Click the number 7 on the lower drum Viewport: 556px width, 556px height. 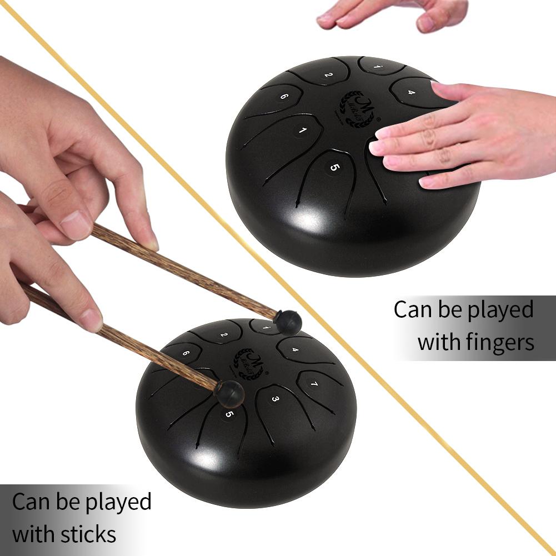314,384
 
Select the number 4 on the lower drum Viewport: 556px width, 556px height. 295,350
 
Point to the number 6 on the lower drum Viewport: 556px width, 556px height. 185,353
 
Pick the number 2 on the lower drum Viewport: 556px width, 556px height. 223,335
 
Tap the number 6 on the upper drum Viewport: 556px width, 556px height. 284,96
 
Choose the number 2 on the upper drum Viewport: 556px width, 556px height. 328,74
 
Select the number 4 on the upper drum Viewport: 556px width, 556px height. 411,92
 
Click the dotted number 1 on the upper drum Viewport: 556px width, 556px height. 378,67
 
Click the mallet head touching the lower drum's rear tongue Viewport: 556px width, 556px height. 288,322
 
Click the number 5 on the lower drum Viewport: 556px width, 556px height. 229,414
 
